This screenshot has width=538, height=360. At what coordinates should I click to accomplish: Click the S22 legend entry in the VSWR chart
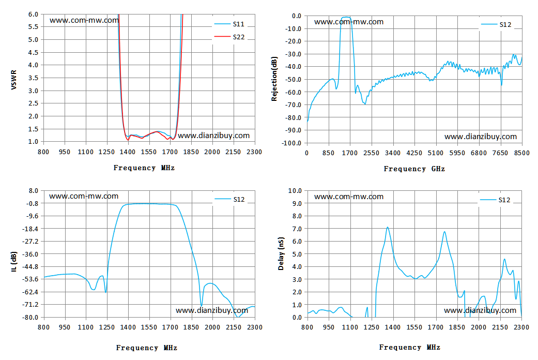click(x=229, y=37)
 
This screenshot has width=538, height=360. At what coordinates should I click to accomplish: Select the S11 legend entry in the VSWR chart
click(x=229, y=24)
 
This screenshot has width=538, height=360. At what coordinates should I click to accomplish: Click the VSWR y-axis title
click(x=14, y=80)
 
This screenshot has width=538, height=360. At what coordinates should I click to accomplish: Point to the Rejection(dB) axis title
click(x=274, y=79)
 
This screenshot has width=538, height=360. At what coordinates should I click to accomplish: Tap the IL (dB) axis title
click(x=14, y=262)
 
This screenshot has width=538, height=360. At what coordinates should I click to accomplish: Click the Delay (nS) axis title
click(x=281, y=253)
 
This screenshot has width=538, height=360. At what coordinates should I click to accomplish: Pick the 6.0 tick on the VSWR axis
click(x=33, y=14)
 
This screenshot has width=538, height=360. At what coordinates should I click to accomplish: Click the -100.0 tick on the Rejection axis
click(x=291, y=143)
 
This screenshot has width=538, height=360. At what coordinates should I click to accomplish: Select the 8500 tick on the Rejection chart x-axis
click(x=522, y=153)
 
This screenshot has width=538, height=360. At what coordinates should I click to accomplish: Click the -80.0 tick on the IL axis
click(x=30, y=318)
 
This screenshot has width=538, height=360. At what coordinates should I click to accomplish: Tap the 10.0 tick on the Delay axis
click(x=295, y=191)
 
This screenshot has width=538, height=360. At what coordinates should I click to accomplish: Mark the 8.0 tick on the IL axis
click(x=33, y=191)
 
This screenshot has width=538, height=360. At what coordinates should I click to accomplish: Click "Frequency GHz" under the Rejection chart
click(x=414, y=169)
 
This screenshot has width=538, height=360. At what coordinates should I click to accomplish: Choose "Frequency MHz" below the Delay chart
click(x=410, y=347)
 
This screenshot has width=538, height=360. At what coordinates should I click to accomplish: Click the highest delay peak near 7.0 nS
click(x=388, y=227)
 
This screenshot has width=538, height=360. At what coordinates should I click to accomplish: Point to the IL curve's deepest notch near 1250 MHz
click(x=105, y=292)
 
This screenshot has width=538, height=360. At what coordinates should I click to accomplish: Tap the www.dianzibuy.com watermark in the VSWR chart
click(x=214, y=136)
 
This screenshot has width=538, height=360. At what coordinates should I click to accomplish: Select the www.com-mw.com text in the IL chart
click(x=84, y=196)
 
